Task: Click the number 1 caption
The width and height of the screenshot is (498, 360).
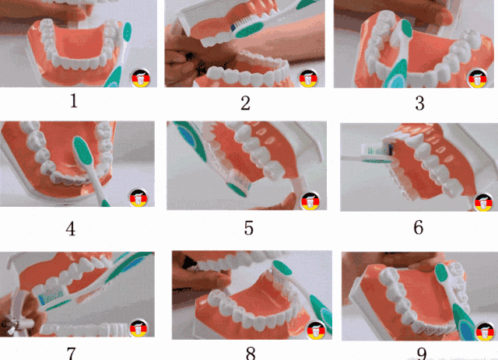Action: [x=74, y=101]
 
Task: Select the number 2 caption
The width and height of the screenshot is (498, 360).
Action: [x=245, y=103]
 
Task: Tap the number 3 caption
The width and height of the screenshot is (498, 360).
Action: [x=420, y=103]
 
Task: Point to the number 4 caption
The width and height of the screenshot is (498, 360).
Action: [x=71, y=229]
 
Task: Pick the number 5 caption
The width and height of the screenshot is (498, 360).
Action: [x=249, y=228]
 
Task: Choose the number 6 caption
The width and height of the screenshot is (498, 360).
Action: [x=419, y=227]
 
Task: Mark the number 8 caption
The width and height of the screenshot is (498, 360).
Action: [x=251, y=353]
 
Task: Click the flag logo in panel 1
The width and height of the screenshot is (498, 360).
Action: [x=141, y=78]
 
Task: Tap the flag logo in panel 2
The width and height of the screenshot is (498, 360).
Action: [x=308, y=79]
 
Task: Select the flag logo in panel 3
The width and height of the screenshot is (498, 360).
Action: [x=477, y=79]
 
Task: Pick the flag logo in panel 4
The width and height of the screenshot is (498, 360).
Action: [x=139, y=197]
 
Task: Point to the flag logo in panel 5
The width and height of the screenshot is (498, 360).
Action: [x=310, y=201]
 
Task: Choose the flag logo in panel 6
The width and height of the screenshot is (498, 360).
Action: [x=483, y=202]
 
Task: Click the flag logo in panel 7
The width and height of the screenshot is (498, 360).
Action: [x=139, y=328]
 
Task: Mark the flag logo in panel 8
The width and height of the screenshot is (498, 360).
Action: [x=316, y=330]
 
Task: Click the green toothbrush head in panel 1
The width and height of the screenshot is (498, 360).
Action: [x=127, y=32]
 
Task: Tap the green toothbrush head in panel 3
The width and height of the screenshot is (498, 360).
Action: [x=406, y=28]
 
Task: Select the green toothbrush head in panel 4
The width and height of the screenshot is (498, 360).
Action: [x=83, y=151]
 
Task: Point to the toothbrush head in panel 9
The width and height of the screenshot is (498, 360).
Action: [x=441, y=273]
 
